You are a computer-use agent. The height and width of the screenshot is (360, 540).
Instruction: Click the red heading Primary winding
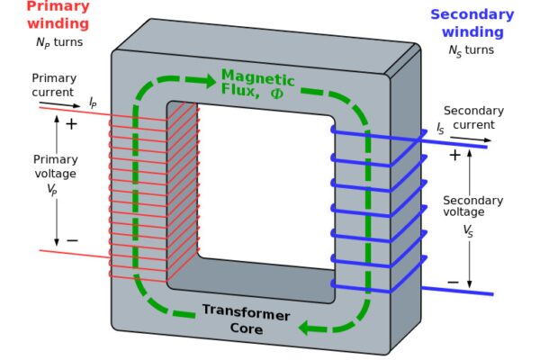pos(58,15)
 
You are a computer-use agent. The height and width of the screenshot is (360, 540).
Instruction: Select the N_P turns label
pos(58,42)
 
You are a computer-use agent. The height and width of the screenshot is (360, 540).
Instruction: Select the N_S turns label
pos(471,50)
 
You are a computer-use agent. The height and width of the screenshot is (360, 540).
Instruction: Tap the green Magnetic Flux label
pos(257,83)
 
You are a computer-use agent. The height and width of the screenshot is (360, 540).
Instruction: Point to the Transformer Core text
pos(246,319)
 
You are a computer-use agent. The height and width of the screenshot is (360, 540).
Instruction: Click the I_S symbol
pos(440,130)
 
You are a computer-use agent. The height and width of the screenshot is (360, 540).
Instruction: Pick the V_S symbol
pos(468,230)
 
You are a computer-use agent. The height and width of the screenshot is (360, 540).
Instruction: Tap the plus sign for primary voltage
pos(72,124)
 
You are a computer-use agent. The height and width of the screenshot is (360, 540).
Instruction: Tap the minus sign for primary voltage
pos(72,240)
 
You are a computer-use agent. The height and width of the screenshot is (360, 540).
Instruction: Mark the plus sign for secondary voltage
pos(454,155)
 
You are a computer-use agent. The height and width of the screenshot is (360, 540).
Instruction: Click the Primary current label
pos(55,85)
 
